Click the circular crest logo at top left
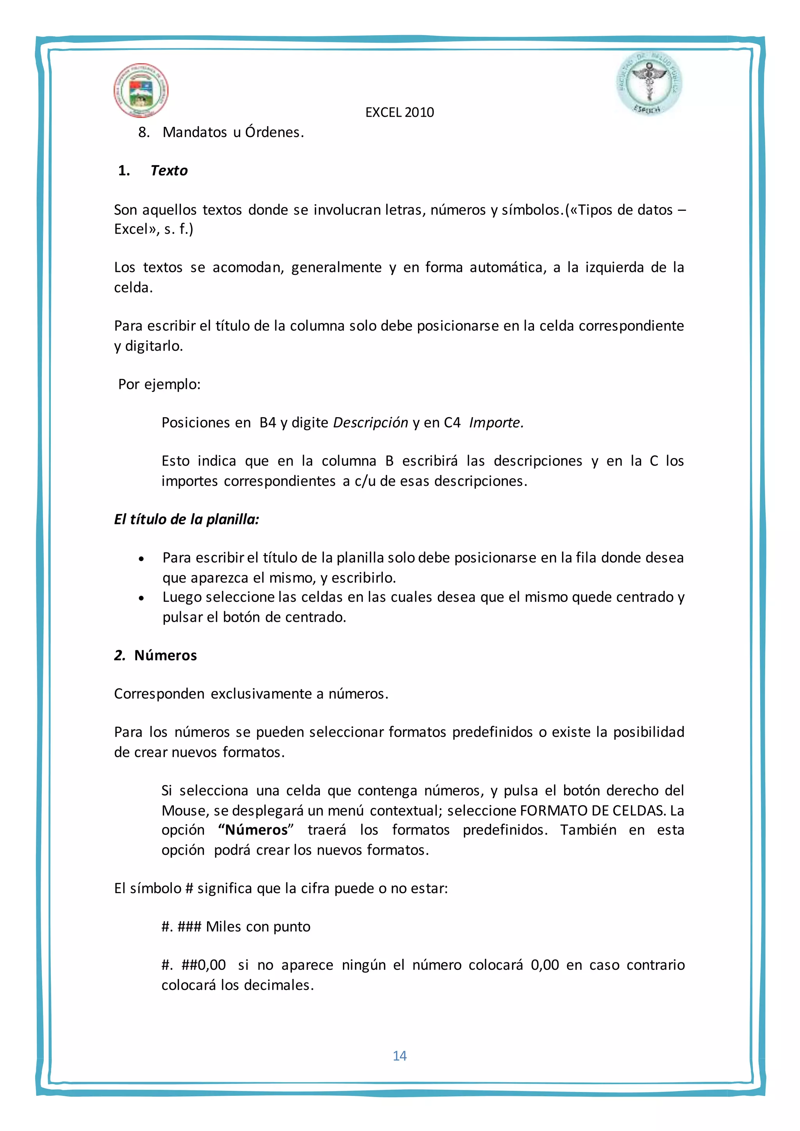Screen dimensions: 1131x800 [141, 90]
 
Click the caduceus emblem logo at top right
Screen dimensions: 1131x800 [649, 84]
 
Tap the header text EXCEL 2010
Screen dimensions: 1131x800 [400, 112]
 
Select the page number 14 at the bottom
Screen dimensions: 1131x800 [400, 1055]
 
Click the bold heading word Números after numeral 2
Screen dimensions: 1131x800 [166, 655]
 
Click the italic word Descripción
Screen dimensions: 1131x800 [370, 423]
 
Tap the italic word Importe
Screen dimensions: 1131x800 [496, 423]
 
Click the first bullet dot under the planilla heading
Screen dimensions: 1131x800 [141, 558]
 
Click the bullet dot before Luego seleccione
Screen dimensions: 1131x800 [141, 598]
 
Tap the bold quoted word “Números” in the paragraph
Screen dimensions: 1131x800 [256, 830]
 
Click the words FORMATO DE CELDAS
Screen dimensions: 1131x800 [593, 810]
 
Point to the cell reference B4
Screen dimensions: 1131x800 [268, 423]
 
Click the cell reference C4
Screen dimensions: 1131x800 [452, 423]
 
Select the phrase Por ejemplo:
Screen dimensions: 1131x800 [159, 384]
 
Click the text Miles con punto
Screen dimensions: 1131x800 [258, 927]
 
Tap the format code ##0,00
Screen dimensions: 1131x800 [204, 965]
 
